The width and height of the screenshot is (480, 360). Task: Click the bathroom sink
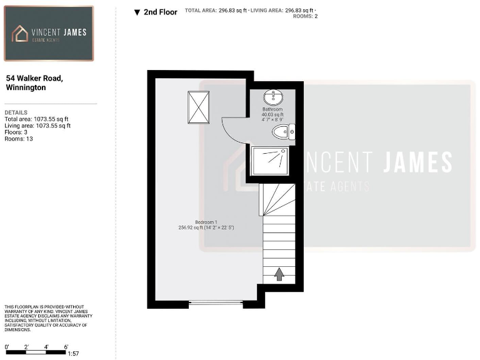[x=273, y=97]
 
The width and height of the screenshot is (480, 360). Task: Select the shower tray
[x=269, y=160]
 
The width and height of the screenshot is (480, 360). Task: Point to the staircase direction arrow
[x=279, y=274]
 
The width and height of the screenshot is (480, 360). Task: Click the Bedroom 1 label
[x=206, y=222]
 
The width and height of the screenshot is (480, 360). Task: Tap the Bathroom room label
[x=273, y=109]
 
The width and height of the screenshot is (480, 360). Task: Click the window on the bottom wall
[x=216, y=303]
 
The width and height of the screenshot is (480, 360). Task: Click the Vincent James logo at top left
[x=49, y=33]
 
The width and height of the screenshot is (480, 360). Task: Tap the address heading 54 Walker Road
[x=34, y=79]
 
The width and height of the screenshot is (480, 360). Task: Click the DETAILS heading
[x=16, y=112]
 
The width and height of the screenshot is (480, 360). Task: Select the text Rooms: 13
[x=19, y=139]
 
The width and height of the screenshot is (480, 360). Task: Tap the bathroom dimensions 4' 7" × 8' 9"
[x=273, y=120]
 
